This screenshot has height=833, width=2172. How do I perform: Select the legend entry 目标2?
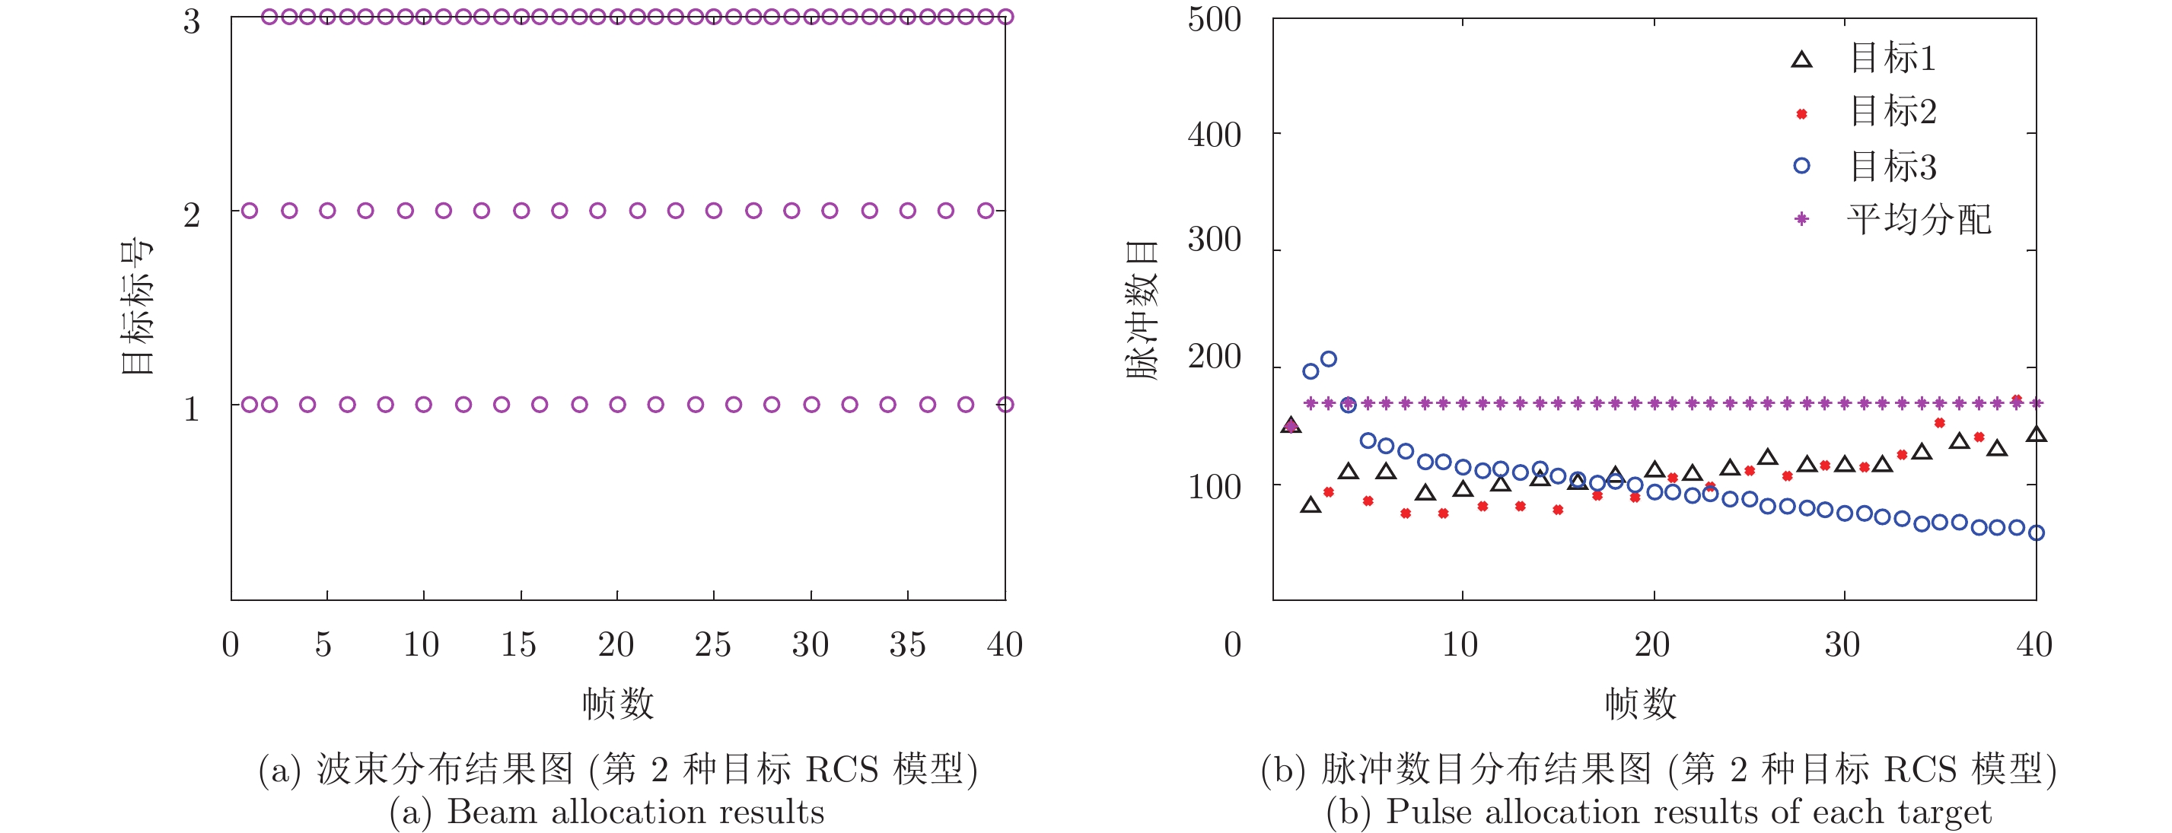coord(1892,112)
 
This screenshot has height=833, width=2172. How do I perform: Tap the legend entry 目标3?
coord(1892,166)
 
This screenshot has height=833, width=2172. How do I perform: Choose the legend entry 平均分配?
coord(1919,220)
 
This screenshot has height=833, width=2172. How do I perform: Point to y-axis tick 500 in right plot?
coord(1214,21)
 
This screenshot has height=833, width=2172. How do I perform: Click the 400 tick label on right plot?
coord(1214,135)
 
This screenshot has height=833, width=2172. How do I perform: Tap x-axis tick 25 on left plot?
coord(712,645)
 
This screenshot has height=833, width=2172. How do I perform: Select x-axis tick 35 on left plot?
coord(907,645)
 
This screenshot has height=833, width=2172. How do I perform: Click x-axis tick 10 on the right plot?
coord(1460,645)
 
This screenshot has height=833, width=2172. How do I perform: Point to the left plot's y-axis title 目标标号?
coord(136,308)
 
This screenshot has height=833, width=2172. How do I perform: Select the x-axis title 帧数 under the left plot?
coord(618,703)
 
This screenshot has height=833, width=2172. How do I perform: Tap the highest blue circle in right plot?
coord(1328,359)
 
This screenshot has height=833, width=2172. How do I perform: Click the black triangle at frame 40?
coord(2037,435)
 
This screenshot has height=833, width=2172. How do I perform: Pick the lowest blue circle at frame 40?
coord(2036,533)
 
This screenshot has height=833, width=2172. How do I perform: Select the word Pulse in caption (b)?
coord(1428,812)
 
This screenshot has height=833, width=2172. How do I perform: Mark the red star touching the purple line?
coord(2017,400)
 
